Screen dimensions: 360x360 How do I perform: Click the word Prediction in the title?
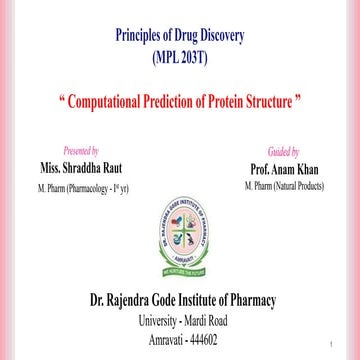click(x=187, y=104)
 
